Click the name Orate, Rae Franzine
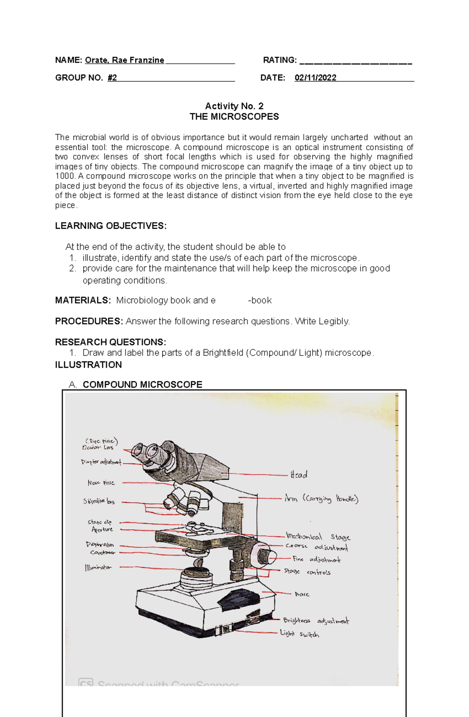pos(124,60)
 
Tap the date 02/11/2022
pos(315,78)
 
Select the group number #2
pos(112,78)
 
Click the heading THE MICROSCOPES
pos(234,117)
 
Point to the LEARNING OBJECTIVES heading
pos(111,226)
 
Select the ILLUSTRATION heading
pos(88,365)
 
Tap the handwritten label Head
pos(299,475)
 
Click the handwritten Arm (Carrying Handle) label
pos(321,499)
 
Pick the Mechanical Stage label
pos(318,536)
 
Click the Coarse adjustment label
pos(317,547)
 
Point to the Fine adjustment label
pos(317,560)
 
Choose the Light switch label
pos(299,634)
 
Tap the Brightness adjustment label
pos(316,620)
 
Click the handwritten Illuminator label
pos(98,567)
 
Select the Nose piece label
pos(101,483)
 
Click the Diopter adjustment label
pos(101,462)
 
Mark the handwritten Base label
pos(302,594)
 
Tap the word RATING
pos(279,60)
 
